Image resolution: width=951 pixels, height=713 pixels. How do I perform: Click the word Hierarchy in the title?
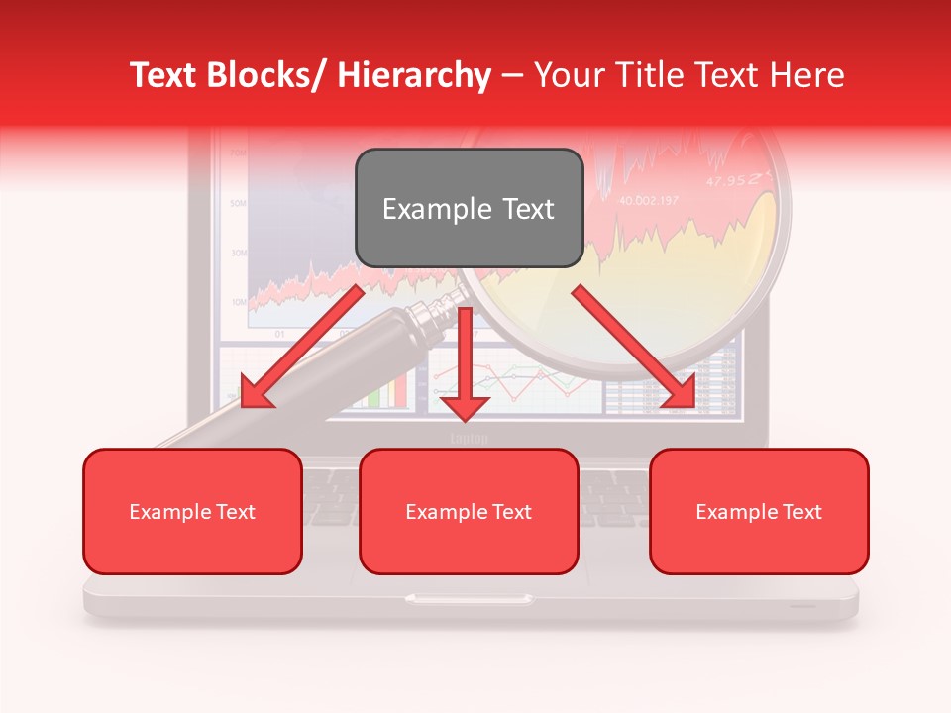414,75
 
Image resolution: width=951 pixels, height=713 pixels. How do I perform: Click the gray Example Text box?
469,208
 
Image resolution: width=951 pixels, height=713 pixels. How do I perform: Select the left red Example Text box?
192,511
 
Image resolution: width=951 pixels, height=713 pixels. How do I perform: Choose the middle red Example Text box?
469,511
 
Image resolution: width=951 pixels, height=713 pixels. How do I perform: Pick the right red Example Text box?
759,511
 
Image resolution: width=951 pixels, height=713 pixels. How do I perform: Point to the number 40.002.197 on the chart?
649,201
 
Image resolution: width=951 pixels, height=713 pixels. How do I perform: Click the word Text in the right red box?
801,512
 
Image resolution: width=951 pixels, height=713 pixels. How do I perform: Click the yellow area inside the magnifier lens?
733,248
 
